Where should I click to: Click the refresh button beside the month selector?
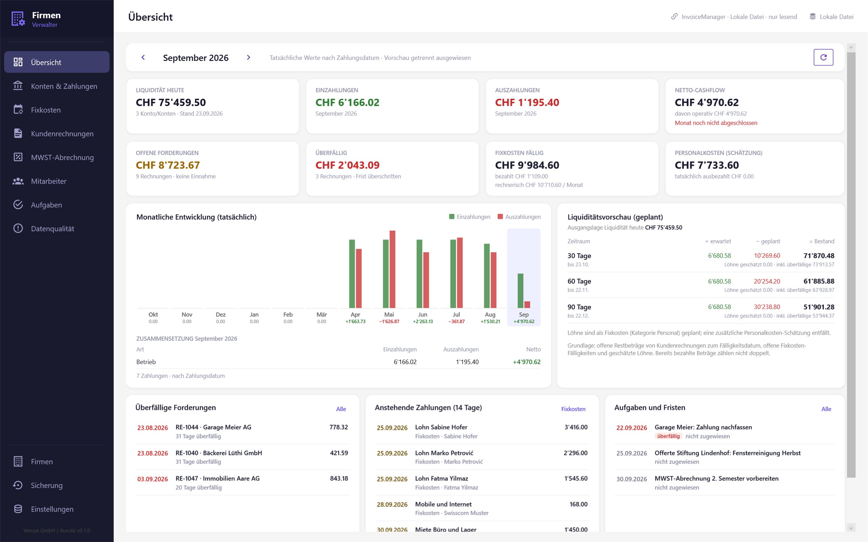click(x=823, y=57)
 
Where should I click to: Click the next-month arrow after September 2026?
click(x=248, y=57)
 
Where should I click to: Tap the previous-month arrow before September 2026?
click(x=143, y=57)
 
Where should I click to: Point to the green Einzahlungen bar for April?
click(x=352, y=274)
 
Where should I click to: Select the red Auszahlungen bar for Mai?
click(x=392, y=269)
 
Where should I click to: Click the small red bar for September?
click(x=527, y=304)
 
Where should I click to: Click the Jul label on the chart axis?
click(x=456, y=315)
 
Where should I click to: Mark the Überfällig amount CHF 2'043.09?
click(x=348, y=165)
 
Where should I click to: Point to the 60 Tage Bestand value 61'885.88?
click(x=819, y=281)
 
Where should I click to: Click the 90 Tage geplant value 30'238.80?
click(x=767, y=307)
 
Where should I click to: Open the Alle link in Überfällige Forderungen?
click(x=341, y=409)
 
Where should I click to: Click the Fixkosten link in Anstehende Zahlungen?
click(x=573, y=409)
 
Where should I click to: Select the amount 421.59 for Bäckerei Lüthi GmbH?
click(x=339, y=453)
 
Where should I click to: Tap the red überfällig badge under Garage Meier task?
click(x=668, y=436)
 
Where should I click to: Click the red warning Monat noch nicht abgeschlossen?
click(x=716, y=123)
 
